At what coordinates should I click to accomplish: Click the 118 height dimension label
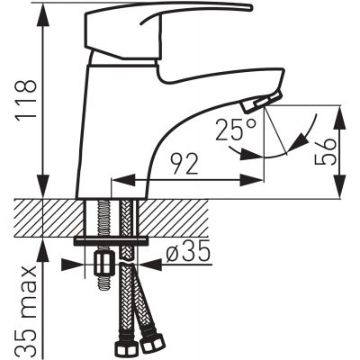click(x=26, y=101)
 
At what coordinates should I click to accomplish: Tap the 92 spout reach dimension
click(x=184, y=164)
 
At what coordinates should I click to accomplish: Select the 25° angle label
click(x=235, y=130)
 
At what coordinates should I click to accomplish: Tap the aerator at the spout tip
click(x=262, y=103)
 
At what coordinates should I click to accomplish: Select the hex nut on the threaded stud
click(x=104, y=263)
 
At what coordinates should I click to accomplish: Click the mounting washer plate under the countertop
click(x=111, y=241)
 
